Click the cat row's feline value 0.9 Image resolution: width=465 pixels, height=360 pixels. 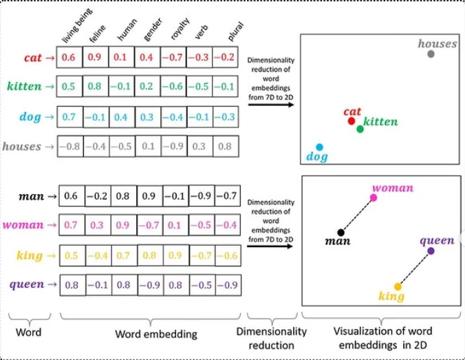(x=94, y=57)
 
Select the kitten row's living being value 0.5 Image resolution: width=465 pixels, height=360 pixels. (x=68, y=86)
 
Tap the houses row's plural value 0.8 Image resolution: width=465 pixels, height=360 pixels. (x=225, y=147)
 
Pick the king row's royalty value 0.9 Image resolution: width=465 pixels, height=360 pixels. (x=175, y=255)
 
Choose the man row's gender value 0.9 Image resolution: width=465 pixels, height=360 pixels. (x=149, y=196)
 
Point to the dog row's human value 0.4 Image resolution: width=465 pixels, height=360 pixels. (x=120, y=117)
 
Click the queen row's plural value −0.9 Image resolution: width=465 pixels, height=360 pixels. (x=228, y=285)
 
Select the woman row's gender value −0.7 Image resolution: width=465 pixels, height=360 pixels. (x=150, y=225)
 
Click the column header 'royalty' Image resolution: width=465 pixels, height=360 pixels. (x=180, y=29)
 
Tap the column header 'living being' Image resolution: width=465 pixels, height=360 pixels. (x=77, y=26)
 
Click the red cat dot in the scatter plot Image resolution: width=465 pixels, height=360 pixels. (x=352, y=121)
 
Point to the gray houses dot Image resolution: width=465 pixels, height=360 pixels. (x=431, y=54)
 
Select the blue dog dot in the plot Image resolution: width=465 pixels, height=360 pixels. (x=319, y=147)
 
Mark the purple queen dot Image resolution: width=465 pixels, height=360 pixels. (x=431, y=251)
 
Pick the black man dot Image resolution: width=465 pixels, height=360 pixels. (x=341, y=233)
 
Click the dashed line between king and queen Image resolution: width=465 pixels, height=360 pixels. (x=414, y=269)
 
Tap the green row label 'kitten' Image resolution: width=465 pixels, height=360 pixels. (x=24, y=86)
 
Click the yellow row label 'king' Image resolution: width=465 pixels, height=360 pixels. (x=30, y=255)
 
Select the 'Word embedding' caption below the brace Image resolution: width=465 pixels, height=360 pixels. (x=156, y=334)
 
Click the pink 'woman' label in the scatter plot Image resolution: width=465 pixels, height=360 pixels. (x=393, y=188)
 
